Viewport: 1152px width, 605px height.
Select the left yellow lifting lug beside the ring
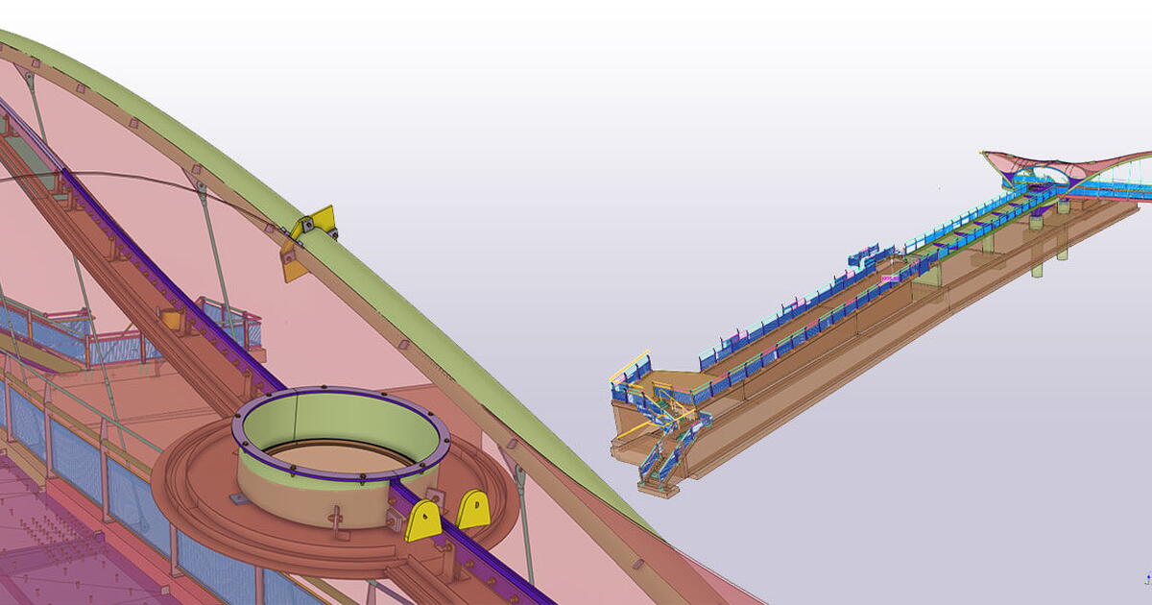tap(423, 520)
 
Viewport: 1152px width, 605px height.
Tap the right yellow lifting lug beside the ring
tap(473, 509)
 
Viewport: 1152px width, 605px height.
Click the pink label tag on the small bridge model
tap(889, 278)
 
